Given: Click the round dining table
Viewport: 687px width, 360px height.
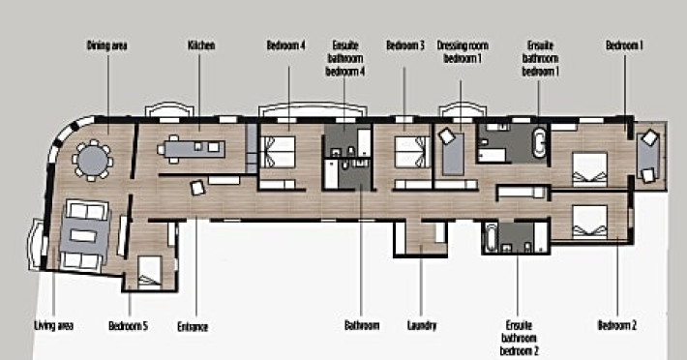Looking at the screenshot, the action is pos(92,160).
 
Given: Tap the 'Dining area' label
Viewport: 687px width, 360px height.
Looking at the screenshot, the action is pos(106,45).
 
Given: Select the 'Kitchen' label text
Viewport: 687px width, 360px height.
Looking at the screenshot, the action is pos(201,45).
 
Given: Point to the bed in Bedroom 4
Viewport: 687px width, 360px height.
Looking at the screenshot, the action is pos(278,152).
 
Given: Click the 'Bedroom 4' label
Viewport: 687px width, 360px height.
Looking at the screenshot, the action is pos(285,45).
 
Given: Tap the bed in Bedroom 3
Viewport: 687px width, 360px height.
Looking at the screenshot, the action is pos(413,152).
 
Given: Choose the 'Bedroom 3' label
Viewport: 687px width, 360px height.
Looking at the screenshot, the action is pos(405,45).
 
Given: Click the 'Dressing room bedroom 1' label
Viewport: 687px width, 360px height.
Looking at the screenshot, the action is pos(463,51).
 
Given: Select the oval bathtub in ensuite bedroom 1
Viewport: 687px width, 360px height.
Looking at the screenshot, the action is pos(540,142).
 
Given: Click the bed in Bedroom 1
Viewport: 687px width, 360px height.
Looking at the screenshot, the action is pos(589,169).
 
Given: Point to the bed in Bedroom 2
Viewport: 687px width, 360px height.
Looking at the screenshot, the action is pos(589,222).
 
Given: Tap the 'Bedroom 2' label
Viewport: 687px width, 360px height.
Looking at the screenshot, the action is pos(617,325).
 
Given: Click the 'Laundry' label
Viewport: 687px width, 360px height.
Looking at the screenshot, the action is pos(422,326).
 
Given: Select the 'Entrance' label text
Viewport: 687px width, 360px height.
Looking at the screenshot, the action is pos(193,327).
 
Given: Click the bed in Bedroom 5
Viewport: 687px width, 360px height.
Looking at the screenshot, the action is pos(150,272).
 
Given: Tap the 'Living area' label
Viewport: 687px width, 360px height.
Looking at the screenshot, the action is pos(53,326).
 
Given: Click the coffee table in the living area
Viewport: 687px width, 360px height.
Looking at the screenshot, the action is pos(83,235).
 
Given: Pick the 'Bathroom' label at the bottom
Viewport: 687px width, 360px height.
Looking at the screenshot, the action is pos(362,326).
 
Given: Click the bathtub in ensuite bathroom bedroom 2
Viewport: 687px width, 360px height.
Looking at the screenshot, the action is pos(492,238).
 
